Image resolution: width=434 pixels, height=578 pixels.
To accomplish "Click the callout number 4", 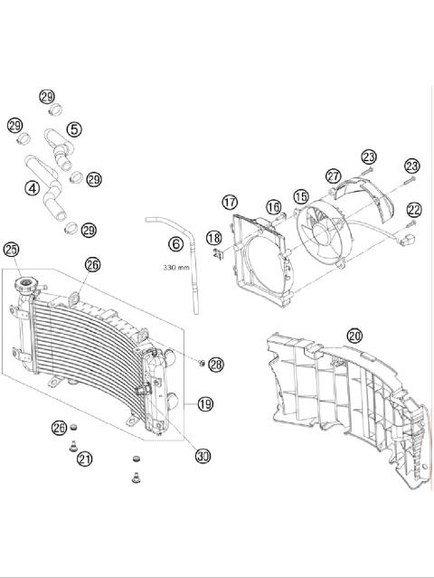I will tap(32, 189).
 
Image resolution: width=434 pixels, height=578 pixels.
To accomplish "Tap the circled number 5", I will tap(73, 130).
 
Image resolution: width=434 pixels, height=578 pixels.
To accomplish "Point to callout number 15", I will tap(300, 195).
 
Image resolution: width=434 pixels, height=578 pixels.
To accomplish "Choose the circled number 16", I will tap(273, 208).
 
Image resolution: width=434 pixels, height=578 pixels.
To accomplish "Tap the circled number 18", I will tap(213, 238).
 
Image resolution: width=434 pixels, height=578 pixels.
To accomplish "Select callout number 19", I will tap(204, 403).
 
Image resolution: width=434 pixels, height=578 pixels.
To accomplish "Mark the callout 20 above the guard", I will tap(354, 335).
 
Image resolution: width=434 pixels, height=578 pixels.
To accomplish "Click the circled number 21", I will tap(84, 460).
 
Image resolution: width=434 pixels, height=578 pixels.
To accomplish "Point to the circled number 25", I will tap(12, 249).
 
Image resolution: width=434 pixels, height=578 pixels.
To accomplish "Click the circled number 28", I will tap(215, 365).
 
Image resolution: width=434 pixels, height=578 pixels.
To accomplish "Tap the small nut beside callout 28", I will tap(200, 363).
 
